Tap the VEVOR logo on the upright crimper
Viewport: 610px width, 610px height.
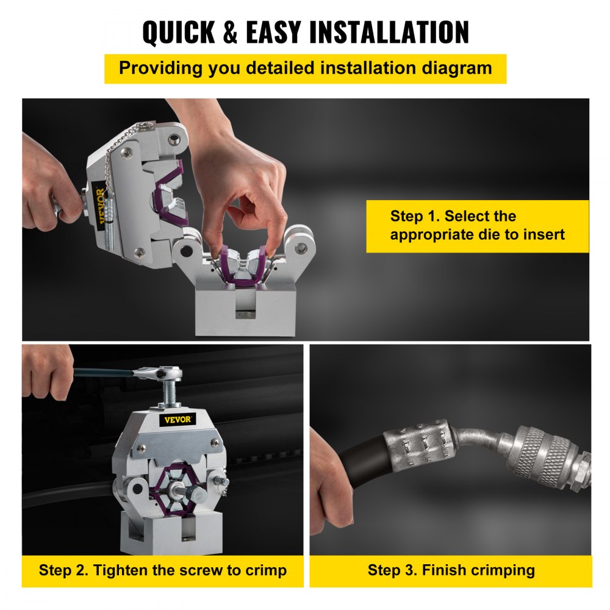[178, 419]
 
